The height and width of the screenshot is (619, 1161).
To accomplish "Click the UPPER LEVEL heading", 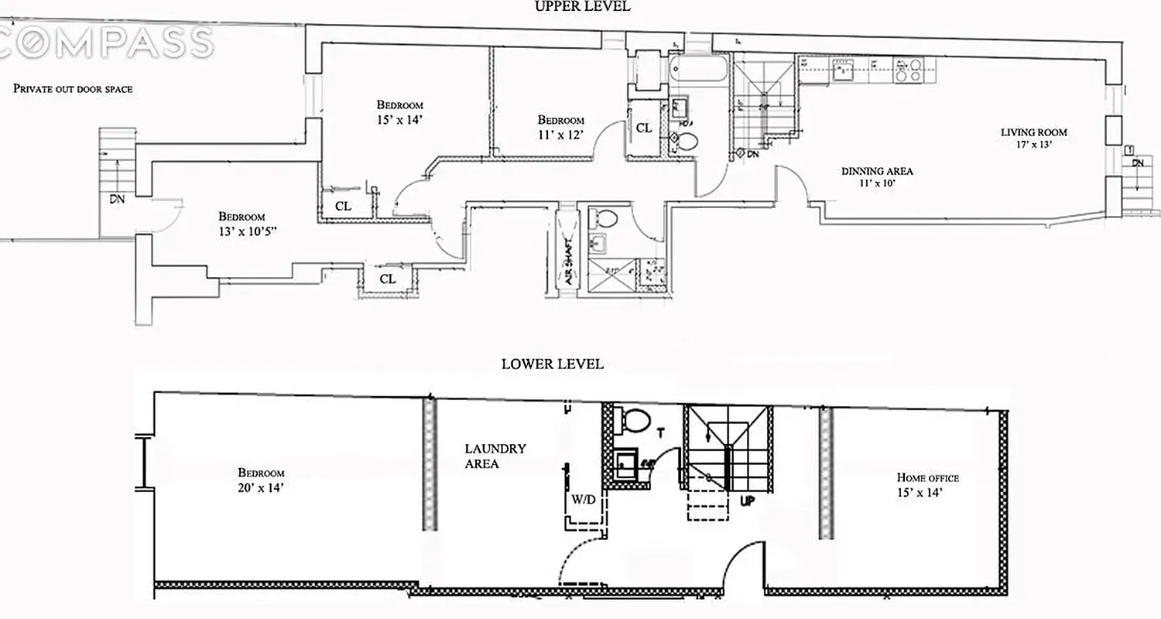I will pyautogui.click(x=583, y=6).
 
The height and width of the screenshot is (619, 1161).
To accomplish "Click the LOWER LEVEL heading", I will pyautogui.click(x=552, y=364).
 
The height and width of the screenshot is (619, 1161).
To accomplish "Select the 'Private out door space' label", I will pyautogui.click(x=73, y=89).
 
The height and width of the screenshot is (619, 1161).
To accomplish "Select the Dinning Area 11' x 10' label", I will pyautogui.click(x=877, y=176).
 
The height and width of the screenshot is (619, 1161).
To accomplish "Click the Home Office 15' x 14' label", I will pyautogui.click(x=927, y=484).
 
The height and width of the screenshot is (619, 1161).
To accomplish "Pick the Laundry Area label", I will pyautogui.click(x=495, y=456).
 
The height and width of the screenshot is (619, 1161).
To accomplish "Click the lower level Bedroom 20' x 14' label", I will pyautogui.click(x=261, y=479).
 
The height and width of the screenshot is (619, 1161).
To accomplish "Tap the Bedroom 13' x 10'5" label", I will pyautogui.click(x=241, y=223).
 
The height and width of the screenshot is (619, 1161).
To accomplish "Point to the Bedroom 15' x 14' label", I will pyautogui.click(x=399, y=111).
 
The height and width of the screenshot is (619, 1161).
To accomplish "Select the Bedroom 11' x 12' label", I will pyautogui.click(x=560, y=127).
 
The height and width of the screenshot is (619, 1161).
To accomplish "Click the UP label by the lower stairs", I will pyautogui.click(x=748, y=501).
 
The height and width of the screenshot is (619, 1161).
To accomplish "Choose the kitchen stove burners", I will pyautogui.click(x=906, y=70).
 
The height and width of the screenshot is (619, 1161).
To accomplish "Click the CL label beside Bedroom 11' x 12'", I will pyautogui.click(x=644, y=128).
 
